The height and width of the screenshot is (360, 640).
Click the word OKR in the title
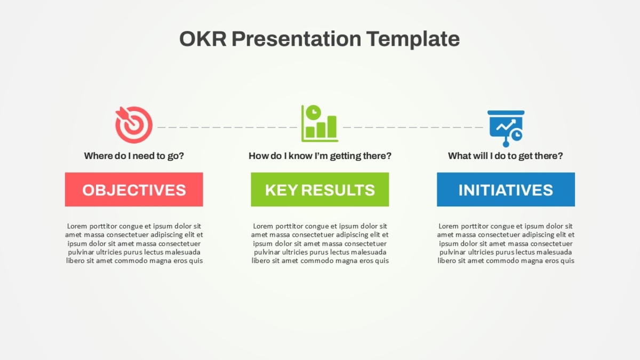203,39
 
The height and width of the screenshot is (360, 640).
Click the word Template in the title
413,39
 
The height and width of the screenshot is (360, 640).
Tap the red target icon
134,125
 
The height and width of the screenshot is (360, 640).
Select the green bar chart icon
319,123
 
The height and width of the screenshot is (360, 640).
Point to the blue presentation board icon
506,129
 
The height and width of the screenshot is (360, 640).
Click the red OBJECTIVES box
134,189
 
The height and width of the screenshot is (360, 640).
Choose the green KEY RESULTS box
320,189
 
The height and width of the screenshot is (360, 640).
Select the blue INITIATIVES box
506,189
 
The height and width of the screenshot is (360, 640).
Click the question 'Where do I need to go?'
134,156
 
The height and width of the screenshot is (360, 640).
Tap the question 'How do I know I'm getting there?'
320,156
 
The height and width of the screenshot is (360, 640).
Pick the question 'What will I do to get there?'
506,156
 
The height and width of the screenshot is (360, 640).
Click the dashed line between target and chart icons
227,127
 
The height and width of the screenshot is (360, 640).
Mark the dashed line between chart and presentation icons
413,127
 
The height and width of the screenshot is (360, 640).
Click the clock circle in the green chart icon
314,113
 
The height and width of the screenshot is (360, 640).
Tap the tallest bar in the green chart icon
332,126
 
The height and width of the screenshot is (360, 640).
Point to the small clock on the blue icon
517,135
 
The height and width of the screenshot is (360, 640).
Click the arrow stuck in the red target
126,117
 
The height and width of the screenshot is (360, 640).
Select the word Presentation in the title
297,39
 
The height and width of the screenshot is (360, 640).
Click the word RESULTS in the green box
338,190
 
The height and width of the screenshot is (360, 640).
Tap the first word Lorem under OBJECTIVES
77,226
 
